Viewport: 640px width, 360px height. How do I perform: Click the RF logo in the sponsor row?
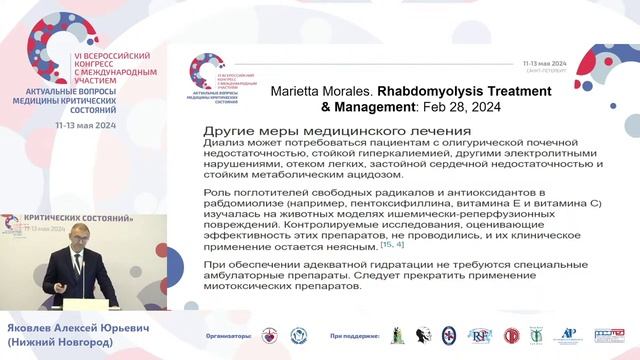480,336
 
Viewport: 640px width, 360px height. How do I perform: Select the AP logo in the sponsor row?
569,336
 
